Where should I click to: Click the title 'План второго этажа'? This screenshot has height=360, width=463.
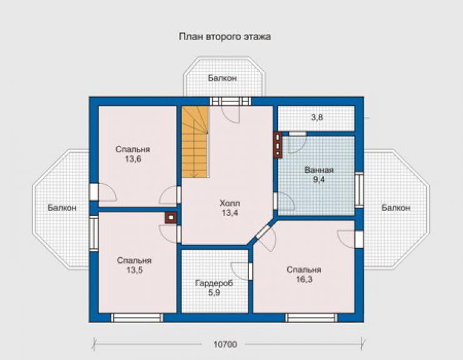[x=225, y=37]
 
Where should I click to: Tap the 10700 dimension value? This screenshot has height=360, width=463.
[x=225, y=344]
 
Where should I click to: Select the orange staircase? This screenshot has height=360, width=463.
[x=195, y=142]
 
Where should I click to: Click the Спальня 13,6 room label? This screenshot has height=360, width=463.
[x=133, y=154]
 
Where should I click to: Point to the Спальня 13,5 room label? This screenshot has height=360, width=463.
[x=135, y=265]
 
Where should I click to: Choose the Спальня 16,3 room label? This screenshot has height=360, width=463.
[x=304, y=275]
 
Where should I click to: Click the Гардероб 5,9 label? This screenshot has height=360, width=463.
[x=214, y=288]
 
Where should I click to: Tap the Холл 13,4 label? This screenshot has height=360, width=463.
[x=230, y=208]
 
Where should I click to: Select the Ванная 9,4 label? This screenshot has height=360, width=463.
[x=319, y=175]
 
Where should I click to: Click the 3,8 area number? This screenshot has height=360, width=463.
[x=317, y=117]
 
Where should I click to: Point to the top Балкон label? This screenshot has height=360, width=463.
[x=222, y=78]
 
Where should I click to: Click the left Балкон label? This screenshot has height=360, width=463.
[x=62, y=208]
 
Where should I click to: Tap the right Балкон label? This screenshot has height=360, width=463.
[x=395, y=208]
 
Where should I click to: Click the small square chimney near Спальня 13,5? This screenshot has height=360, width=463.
[x=171, y=218]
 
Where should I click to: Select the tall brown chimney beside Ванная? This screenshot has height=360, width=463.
[x=278, y=145]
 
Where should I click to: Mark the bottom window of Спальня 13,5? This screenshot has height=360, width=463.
[x=137, y=318]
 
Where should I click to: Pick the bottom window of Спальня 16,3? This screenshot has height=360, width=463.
[x=311, y=318]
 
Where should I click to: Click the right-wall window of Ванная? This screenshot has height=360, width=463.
[x=359, y=190]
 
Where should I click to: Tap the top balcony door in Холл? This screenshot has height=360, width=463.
[x=230, y=101]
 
